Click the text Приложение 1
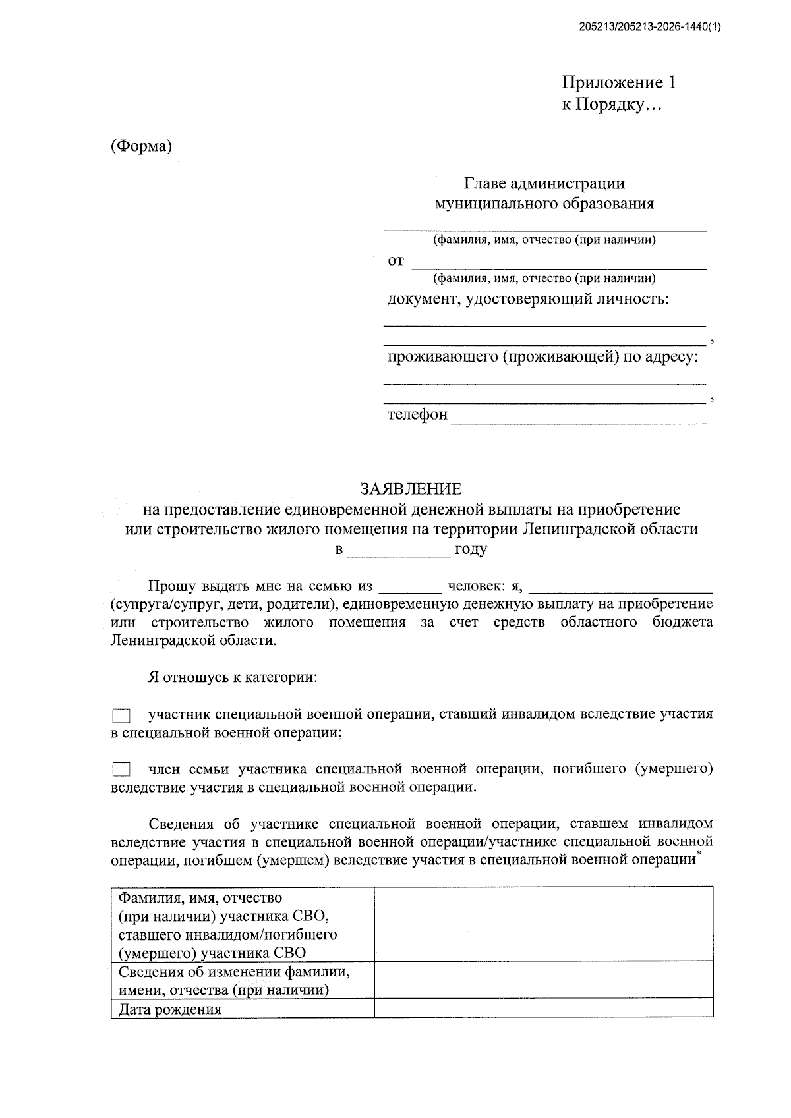coord(618,83)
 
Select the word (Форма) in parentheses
coord(141,146)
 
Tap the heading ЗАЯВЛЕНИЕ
coord(411,489)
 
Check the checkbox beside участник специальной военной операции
coord(121,715)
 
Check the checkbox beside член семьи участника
coord(121,769)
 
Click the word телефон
coord(417,414)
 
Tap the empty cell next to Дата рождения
coord(543,1008)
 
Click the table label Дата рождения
coord(170,1009)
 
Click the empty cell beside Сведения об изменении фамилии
coord(543,980)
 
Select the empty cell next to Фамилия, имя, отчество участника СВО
coord(543,924)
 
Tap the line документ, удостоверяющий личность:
coord(528,300)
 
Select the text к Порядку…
coord(611,105)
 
